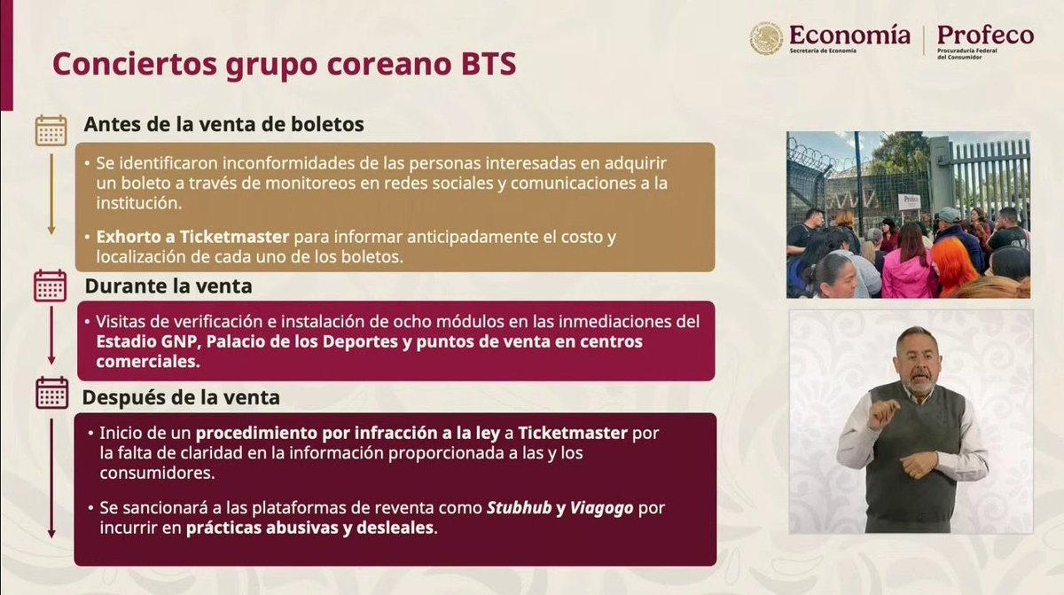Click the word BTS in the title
482,66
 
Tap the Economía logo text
849,35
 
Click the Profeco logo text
985,35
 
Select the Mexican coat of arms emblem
765,38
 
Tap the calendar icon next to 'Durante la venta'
51,286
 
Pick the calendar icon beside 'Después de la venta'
51,394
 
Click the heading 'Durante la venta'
168,286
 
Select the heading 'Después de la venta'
181,398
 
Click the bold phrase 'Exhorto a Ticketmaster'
192,238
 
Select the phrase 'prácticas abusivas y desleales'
310,528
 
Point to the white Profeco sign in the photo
909,201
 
